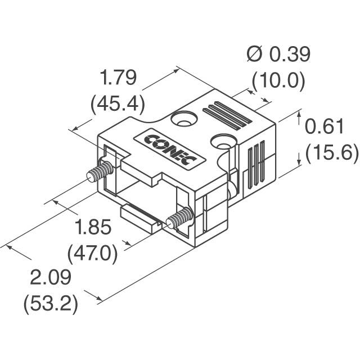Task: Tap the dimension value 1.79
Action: [118, 78]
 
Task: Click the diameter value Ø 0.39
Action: [278, 55]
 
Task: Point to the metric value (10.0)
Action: [278, 82]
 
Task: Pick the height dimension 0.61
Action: [324, 127]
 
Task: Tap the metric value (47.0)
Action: [93, 254]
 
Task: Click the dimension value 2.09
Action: [51, 278]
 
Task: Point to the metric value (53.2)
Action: [50, 304]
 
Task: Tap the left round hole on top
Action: [184, 120]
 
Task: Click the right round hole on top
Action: [223, 140]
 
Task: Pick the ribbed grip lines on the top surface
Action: [227, 115]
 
